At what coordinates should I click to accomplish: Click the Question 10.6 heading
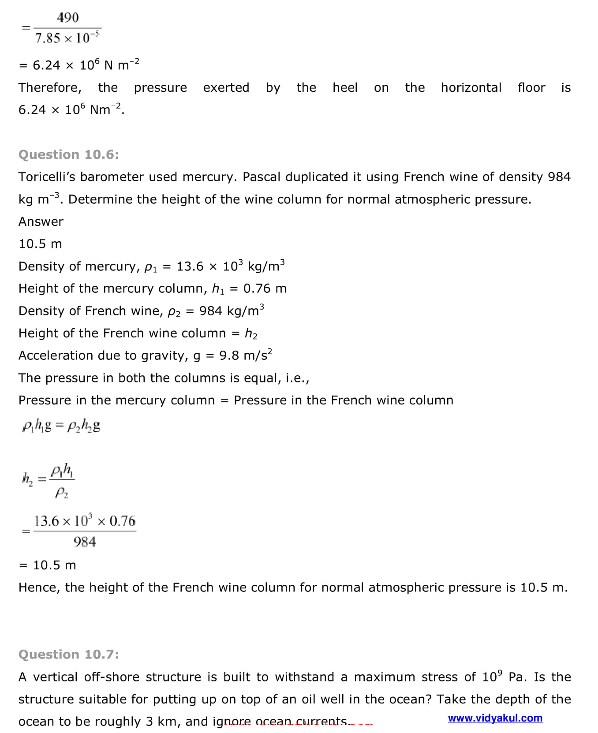68,154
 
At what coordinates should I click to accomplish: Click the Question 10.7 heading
68,654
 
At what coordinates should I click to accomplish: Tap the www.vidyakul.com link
495,718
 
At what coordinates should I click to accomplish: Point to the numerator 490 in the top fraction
67,18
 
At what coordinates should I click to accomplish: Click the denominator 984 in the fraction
85,542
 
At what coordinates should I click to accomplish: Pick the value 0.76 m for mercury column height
265,288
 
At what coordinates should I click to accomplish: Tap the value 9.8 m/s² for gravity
245,355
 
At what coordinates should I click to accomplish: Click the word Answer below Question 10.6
41,221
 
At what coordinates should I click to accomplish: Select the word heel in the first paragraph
345,88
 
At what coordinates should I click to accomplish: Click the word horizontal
471,88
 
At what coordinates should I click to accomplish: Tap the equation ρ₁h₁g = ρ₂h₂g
61,426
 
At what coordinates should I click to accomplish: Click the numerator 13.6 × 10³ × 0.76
85,521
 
